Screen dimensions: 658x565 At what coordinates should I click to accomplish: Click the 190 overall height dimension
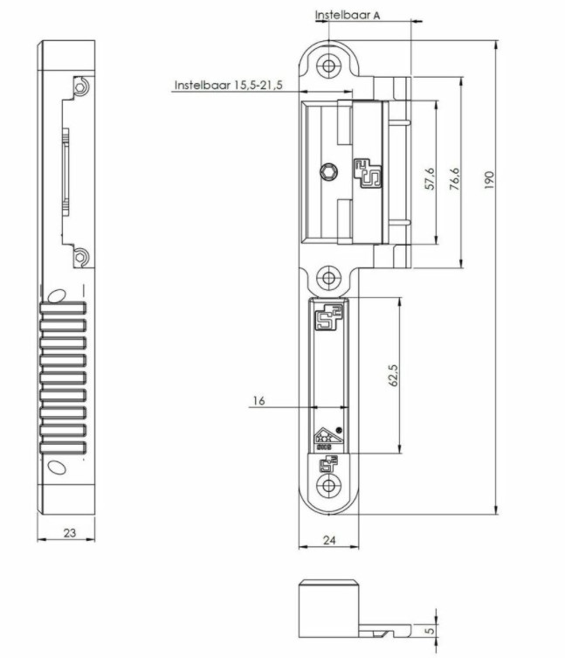point(491,179)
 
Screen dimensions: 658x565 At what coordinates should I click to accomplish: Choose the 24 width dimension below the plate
point(328,540)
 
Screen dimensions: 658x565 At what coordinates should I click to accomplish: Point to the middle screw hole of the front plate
point(328,279)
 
